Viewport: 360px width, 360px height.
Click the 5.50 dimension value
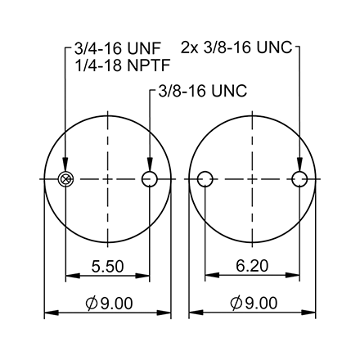click(x=107, y=267)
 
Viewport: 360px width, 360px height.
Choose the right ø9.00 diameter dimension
click(x=254, y=304)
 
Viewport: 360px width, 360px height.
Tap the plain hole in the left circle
click(x=149, y=179)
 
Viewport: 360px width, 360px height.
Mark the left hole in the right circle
click(x=205, y=179)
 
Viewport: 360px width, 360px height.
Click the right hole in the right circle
click(x=300, y=179)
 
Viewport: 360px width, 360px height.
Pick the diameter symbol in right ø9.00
click(x=236, y=304)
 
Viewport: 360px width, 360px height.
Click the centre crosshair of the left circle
click(x=107, y=179)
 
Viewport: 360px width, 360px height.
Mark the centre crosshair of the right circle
click(x=253, y=179)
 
